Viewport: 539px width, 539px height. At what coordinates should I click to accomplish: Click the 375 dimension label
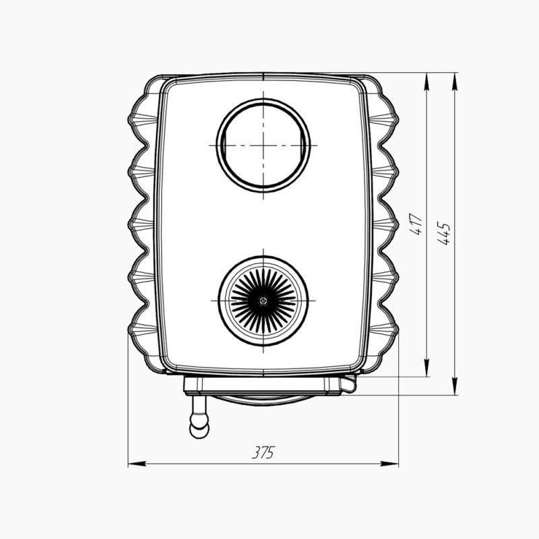pyautogui.click(x=263, y=452)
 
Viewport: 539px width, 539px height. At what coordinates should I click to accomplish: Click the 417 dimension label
pyautogui.click(x=416, y=224)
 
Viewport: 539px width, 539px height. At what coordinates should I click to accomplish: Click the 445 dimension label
pyautogui.click(x=444, y=233)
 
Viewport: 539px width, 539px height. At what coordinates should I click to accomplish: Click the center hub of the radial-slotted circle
pyautogui.click(x=263, y=300)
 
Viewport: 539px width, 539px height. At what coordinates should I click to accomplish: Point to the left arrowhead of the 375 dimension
pyautogui.click(x=137, y=464)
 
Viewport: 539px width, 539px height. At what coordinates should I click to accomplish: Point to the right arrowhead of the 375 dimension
pyautogui.click(x=389, y=464)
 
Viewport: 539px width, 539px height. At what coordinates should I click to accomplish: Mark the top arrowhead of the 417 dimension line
pyautogui.click(x=426, y=82)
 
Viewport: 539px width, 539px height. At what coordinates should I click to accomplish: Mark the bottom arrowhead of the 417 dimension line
pyautogui.click(x=426, y=367)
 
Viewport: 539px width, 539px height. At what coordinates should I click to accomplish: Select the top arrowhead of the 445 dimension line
pyautogui.click(x=455, y=82)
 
